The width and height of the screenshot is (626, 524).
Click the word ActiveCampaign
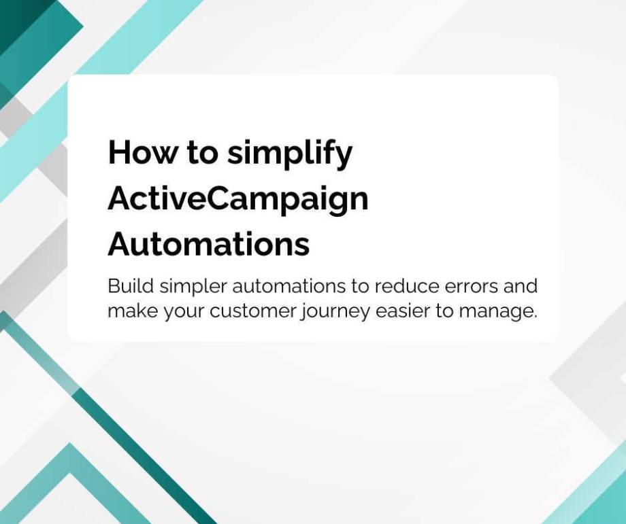238,199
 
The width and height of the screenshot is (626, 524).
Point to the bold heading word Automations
209,244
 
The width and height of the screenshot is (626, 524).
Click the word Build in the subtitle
127,285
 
